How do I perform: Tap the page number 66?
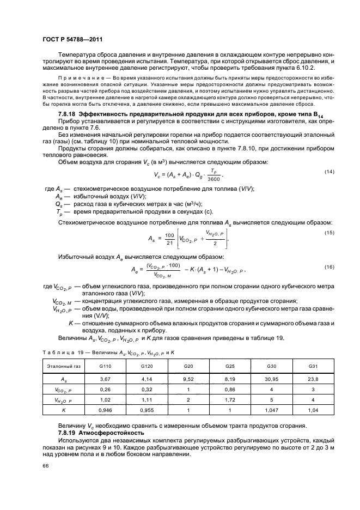46,466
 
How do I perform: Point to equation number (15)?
328,233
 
